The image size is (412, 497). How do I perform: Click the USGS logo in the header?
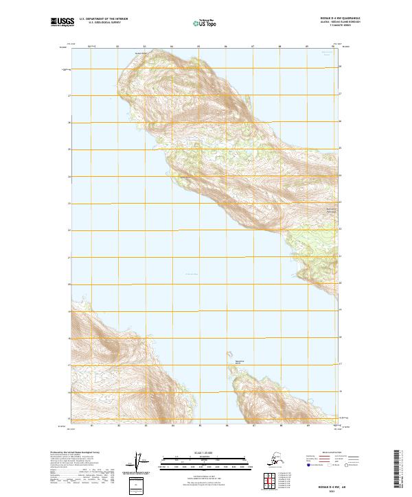60,23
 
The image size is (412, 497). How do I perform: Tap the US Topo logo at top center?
204,23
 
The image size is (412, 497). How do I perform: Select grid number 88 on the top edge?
280,47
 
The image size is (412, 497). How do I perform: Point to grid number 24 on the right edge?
340,176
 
